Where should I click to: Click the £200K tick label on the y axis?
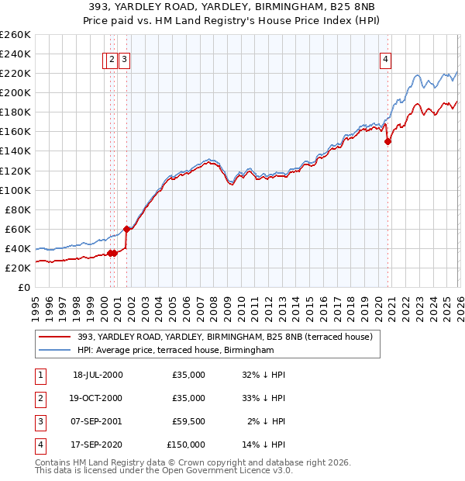pyautogui.click(x=15, y=92)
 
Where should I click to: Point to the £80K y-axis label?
pyautogui.click(x=18, y=209)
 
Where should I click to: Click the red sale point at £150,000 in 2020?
pyautogui.click(x=387, y=141)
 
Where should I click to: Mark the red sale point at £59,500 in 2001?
pyautogui.click(x=126, y=229)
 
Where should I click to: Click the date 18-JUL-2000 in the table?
pyautogui.click(x=98, y=375)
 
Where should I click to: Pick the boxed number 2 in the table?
pyautogui.click(x=39, y=398)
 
